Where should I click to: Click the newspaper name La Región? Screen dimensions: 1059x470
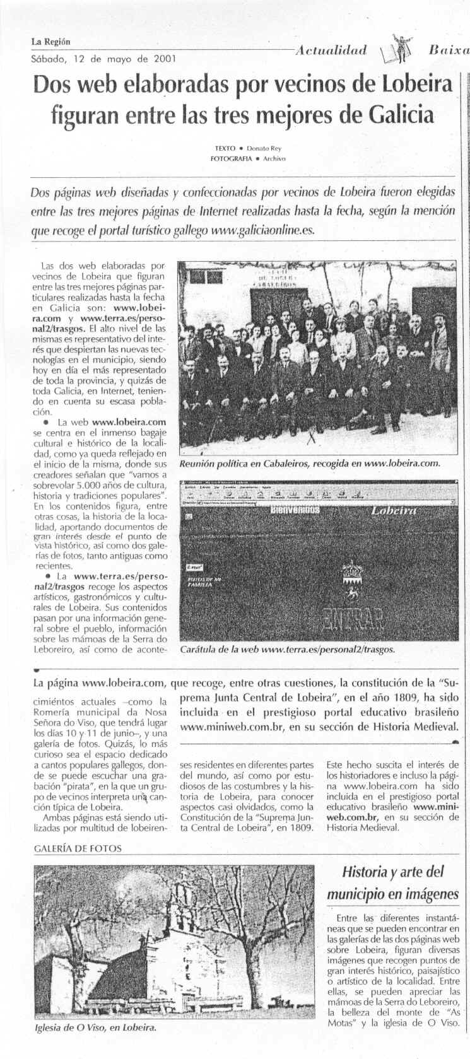50,42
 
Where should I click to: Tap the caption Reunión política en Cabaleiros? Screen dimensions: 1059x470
262,464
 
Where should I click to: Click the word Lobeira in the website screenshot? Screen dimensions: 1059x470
394,510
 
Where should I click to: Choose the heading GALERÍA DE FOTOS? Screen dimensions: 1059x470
77,848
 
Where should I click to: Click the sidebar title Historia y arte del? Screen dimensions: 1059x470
393,872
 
